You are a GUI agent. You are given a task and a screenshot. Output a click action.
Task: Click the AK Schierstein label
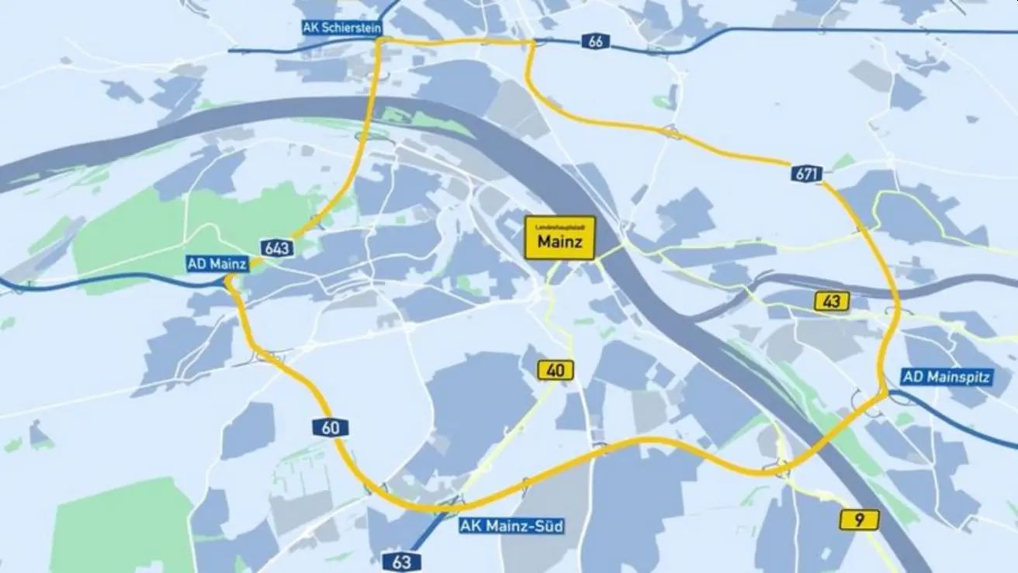pyautogui.click(x=342, y=27)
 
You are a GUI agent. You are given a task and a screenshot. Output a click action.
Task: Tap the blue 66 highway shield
pyautogui.click(x=595, y=42)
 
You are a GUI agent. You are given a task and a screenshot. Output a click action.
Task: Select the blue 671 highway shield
pyautogui.click(x=807, y=174)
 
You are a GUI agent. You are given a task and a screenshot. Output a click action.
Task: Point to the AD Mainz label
pyautogui.click(x=216, y=264)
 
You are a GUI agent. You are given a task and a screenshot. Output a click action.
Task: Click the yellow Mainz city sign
pyautogui.click(x=560, y=238)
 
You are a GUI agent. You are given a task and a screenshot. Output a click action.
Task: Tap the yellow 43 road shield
pyautogui.click(x=832, y=302)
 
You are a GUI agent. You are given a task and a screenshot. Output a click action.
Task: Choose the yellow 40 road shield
pyautogui.click(x=556, y=371)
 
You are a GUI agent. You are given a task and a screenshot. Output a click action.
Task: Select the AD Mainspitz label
pyautogui.click(x=946, y=378)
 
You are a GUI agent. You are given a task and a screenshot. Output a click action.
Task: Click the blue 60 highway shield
pyautogui.click(x=331, y=427)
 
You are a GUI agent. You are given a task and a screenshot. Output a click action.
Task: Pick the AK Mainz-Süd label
pyautogui.click(x=511, y=526)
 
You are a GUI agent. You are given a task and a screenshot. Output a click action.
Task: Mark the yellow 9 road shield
pyautogui.click(x=859, y=520)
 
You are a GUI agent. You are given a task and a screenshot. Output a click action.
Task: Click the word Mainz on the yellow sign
pyautogui.click(x=560, y=243)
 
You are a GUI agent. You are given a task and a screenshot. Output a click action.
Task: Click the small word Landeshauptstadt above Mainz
pyautogui.click(x=560, y=227)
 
